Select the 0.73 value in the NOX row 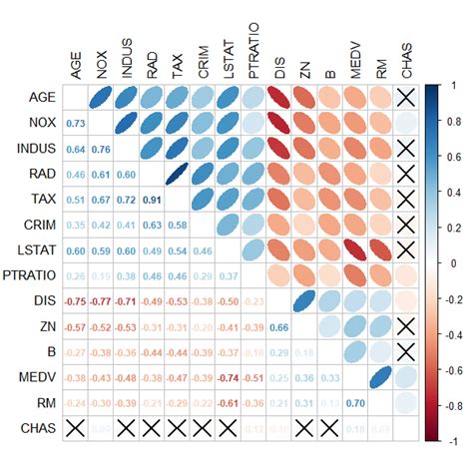click(x=74, y=123)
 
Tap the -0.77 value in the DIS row click(x=100, y=301)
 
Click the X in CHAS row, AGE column click(x=74, y=429)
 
